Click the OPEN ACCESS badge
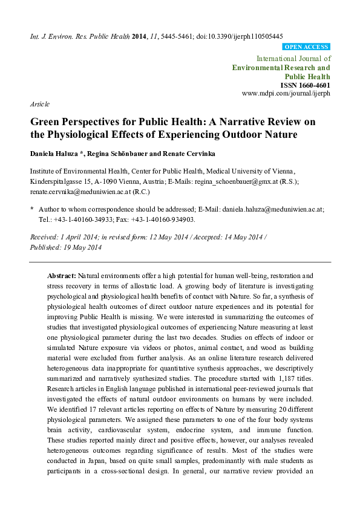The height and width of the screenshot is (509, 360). [x=306, y=47]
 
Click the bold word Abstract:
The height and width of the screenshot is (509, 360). [x=62, y=275]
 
